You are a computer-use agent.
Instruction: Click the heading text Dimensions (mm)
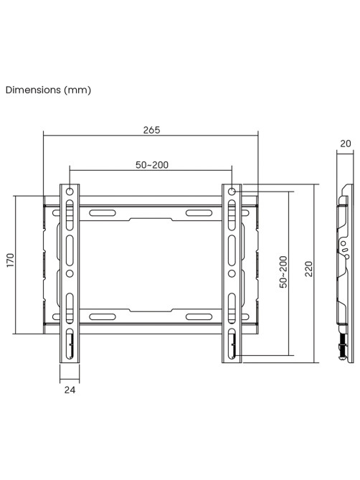click(48, 90)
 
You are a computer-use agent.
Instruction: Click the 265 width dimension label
click(152, 130)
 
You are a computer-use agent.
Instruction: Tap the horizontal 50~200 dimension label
click(152, 165)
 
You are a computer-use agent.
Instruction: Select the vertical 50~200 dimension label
click(283, 272)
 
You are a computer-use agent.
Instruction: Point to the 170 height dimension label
click(11, 260)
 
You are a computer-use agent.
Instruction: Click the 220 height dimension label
click(309, 269)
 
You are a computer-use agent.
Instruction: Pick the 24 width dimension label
click(70, 390)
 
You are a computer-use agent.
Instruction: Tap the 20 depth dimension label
click(346, 143)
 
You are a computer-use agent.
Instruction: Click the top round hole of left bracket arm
click(70, 192)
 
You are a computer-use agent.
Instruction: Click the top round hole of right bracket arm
click(232, 192)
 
